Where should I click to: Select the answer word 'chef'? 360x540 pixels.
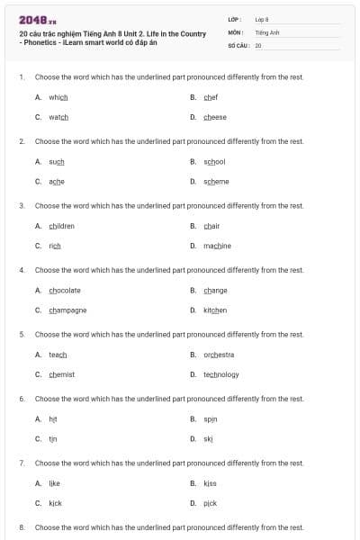click(x=211, y=97)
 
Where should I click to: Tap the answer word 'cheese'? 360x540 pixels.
click(x=215, y=117)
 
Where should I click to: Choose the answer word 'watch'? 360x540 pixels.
click(x=58, y=117)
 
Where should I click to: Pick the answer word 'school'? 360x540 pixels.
click(x=214, y=161)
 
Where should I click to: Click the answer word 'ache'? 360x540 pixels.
click(x=57, y=181)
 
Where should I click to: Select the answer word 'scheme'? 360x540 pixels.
click(x=216, y=181)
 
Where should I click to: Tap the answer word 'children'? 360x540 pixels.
click(x=62, y=226)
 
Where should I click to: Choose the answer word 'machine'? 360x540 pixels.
click(x=217, y=246)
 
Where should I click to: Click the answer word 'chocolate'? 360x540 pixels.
click(x=65, y=290)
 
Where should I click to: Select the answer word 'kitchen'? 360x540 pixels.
click(x=215, y=310)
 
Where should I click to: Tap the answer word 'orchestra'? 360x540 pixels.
click(x=219, y=355)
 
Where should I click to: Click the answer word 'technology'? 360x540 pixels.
click(x=221, y=374)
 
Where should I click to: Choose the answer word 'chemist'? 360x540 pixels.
click(x=62, y=374)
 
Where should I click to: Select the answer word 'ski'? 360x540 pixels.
click(x=208, y=438)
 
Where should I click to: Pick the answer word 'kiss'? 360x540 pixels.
click(x=210, y=483)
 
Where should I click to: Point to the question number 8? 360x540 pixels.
click(x=22, y=526)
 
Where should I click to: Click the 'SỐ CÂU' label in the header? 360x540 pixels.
click(x=238, y=44)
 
